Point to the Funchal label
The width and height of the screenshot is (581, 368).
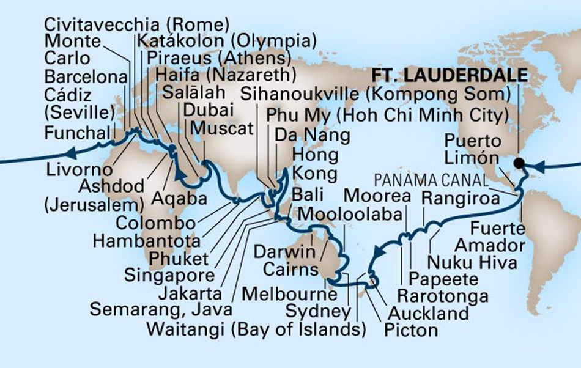75,131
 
